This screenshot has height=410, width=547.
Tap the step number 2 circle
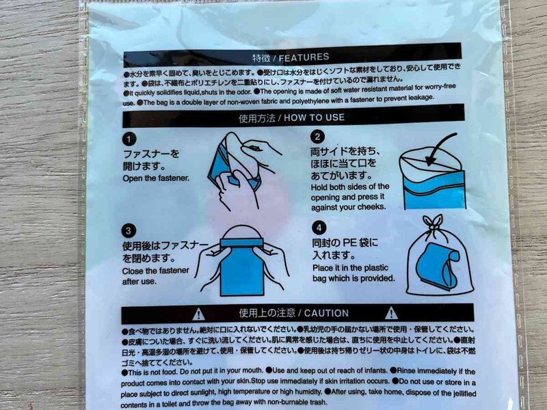pyautogui.click(x=317, y=137)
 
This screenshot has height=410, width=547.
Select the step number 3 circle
pyautogui.click(x=130, y=230)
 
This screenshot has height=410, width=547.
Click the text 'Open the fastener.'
pyautogui.click(x=156, y=179)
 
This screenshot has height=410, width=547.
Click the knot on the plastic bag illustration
pyautogui.click(x=431, y=223)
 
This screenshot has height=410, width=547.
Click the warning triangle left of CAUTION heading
pyautogui.click(x=198, y=314)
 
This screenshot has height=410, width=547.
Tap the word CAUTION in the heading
pyautogui.click(x=327, y=314)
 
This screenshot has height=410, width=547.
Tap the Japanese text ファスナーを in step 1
pyautogui.click(x=151, y=154)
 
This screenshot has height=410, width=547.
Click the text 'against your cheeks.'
pyautogui.click(x=349, y=206)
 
